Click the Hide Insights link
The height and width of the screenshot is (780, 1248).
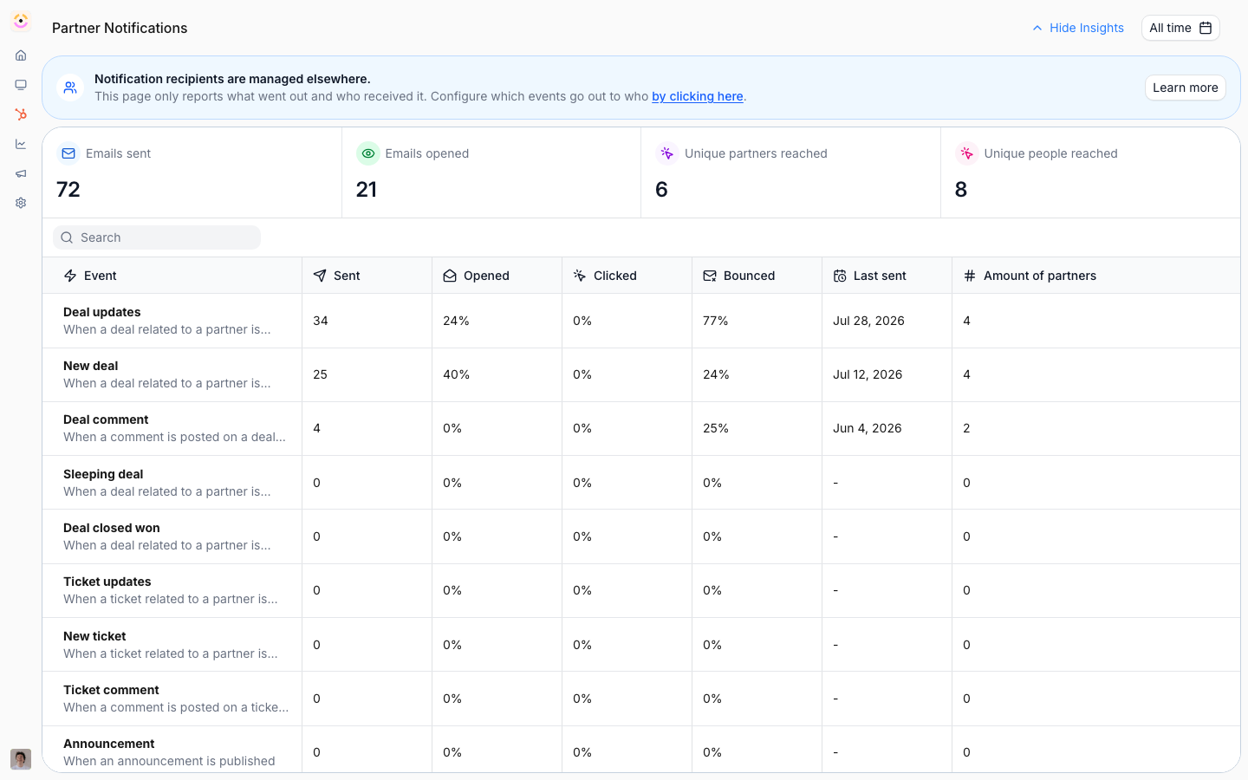click(x=1078, y=28)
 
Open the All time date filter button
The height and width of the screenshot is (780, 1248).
click(x=1180, y=28)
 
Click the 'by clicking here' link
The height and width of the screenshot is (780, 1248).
click(x=697, y=96)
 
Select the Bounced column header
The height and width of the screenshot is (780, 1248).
click(x=738, y=276)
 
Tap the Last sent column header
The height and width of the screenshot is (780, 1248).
click(x=869, y=276)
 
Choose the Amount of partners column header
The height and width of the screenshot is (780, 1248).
click(x=1030, y=276)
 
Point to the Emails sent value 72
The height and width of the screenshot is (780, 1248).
click(x=68, y=190)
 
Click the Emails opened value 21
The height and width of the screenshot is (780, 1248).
click(x=366, y=190)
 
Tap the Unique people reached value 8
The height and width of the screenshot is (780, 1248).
click(x=960, y=190)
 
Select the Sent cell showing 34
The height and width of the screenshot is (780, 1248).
click(x=321, y=321)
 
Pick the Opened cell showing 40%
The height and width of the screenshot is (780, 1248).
click(x=456, y=374)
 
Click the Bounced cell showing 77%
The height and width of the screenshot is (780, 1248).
click(x=715, y=321)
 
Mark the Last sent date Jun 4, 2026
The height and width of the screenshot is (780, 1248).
click(x=867, y=428)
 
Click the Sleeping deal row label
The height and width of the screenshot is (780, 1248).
click(x=103, y=474)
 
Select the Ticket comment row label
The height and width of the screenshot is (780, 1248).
click(x=111, y=690)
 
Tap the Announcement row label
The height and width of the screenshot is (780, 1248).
click(x=108, y=744)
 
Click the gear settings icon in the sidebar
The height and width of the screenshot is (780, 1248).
click(x=21, y=203)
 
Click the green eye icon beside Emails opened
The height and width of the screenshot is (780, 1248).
click(x=367, y=153)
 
